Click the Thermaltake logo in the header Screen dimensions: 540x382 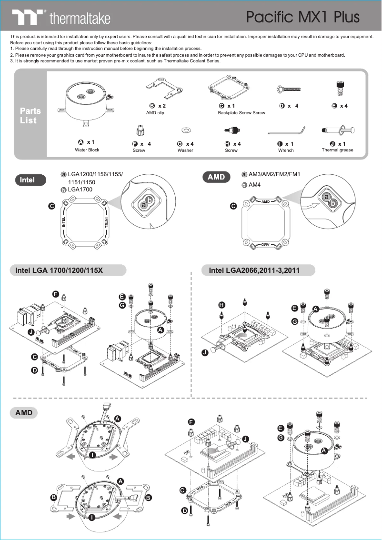click(61, 18)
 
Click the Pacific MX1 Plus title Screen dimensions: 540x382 click(302, 17)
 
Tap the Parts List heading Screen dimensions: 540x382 click(30, 116)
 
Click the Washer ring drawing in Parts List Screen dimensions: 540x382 click(185, 130)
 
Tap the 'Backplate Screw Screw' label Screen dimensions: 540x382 click(241, 113)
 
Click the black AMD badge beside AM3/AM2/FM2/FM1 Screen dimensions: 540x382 click(216, 177)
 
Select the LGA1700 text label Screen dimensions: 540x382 click(80, 190)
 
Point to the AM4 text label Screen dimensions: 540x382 click(254, 185)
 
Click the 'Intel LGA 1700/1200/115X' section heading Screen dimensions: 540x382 click(59, 270)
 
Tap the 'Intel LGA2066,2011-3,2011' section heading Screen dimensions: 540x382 click(254, 270)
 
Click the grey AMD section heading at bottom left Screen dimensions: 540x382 click(23, 412)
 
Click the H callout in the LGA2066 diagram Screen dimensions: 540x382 click(221, 305)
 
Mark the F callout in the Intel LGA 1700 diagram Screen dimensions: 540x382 click(56, 294)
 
